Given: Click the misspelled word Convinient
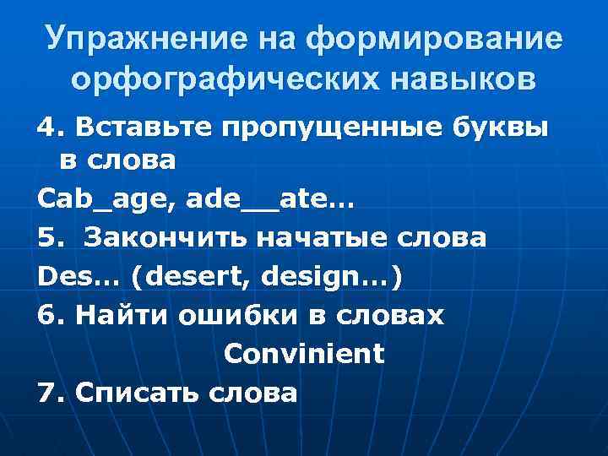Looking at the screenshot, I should [304, 353].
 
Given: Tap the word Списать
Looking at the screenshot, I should [138, 392].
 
